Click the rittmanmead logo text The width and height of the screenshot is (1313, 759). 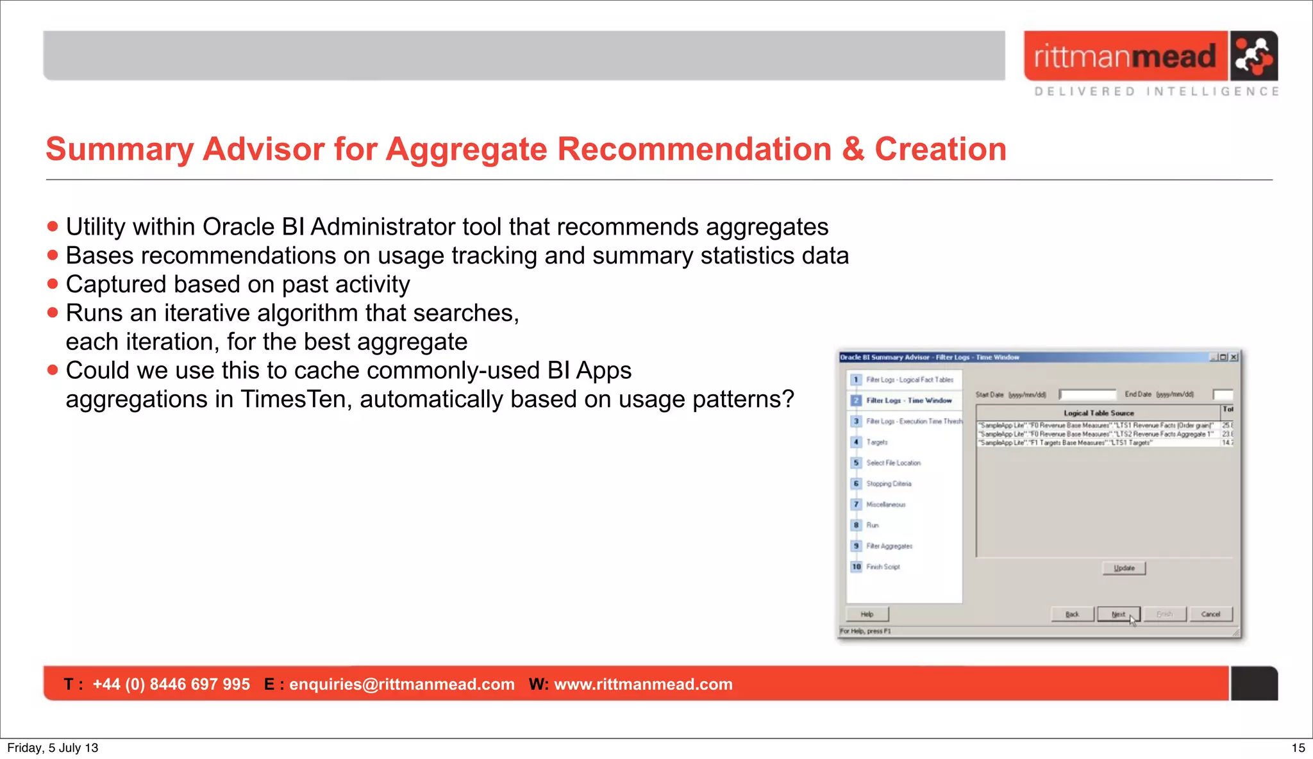[1125, 56]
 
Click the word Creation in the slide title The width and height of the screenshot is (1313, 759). [940, 149]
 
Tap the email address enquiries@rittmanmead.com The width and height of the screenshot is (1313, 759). [402, 684]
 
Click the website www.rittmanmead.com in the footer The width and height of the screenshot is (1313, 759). [643, 684]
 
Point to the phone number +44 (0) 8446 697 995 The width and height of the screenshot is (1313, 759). [171, 684]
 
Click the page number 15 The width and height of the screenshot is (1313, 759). [1298, 747]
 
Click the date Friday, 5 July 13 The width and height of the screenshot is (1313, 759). [53, 747]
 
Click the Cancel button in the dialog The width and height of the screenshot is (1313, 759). [1210, 614]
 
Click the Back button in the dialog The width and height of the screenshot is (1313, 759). [1072, 614]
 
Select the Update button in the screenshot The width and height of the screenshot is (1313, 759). [1124, 568]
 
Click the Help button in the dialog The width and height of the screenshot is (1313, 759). [867, 614]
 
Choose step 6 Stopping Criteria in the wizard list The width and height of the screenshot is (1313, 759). [888, 484]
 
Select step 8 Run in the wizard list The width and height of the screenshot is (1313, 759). [873, 525]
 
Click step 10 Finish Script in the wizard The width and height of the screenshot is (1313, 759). [883, 567]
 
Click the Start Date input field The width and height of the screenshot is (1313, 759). [1088, 395]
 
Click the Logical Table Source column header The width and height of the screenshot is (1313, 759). [1098, 413]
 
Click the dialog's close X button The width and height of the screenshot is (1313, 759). [1234, 357]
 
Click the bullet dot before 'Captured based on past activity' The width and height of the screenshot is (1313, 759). [53, 284]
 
